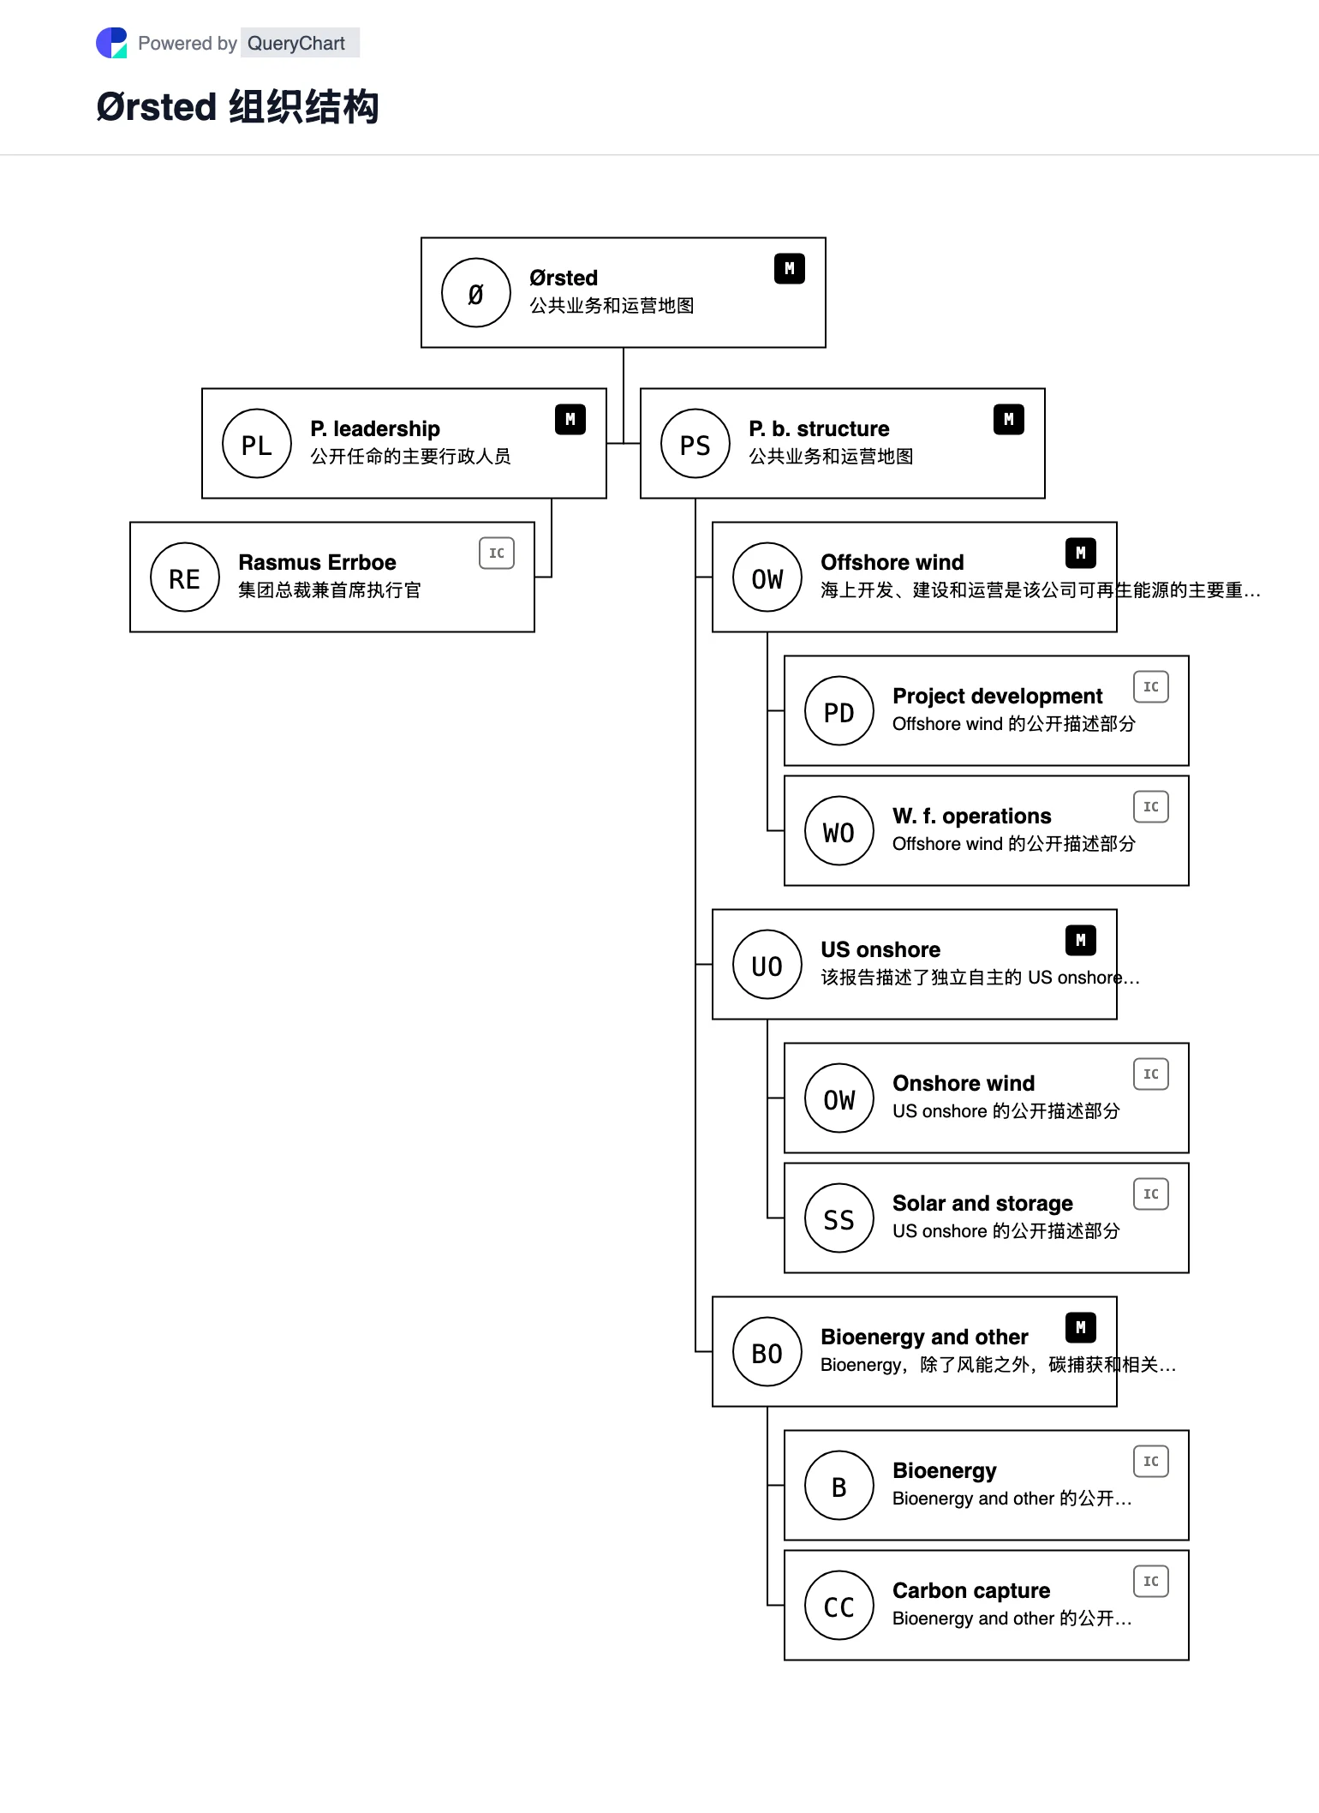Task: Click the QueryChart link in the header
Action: pyautogui.click(x=296, y=43)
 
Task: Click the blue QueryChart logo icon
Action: pyautogui.click(x=111, y=43)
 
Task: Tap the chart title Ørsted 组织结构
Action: pyautogui.click(x=237, y=107)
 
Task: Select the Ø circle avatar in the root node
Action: pyautogui.click(x=476, y=293)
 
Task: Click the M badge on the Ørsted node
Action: pyautogui.click(x=790, y=269)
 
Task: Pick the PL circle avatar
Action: pyautogui.click(x=257, y=444)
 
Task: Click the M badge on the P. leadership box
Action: pyautogui.click(x=570, y=420)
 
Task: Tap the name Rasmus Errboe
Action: pyautogui.click(x=317, y=563)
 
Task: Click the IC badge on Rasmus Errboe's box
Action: pyautogui.click(x=497, y=553)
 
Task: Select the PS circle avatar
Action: pyautogui.click(x=695, y=444)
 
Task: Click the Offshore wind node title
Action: pyautogui.click(x=892, y=563)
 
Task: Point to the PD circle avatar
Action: pyautogui.click(x=839, y=711)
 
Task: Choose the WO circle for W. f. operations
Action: pyautogui.click(x=839, y=831)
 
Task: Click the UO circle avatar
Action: pyautogui.click(x=767, y=965)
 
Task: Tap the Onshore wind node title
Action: pyautogui.click(x=964, y=1084)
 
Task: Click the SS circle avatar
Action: pyautogui.click(x=839, y=1218)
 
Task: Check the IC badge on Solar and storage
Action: pyautogui.click(x=1151, y=1194)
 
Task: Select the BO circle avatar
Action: pyautogui.click(x=767, y=1352)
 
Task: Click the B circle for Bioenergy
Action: pyautogui.click(x=839, y=1486)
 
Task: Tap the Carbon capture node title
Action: pyautogui.click(x=971, y=1591)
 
